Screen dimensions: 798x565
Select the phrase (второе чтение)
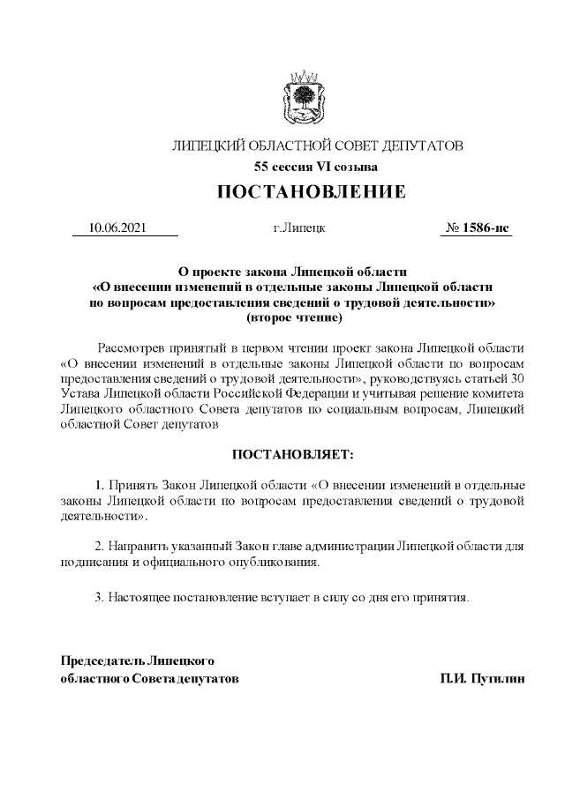pyautogui.click(x=293, y=316)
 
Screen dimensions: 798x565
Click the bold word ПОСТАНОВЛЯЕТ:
pyautogui.click(x=292, y=454)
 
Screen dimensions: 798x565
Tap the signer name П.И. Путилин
pyautogui.click(x=483, y=680)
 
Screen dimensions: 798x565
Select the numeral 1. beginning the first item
pyautogui.click(x=100, y=485)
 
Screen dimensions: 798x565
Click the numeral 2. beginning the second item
pyautogui.click(x=100, y=546)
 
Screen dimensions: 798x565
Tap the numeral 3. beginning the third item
pyautogui.click(x=100, y=598)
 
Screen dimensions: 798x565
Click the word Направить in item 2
pyautogui.click(x=137, y=546)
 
